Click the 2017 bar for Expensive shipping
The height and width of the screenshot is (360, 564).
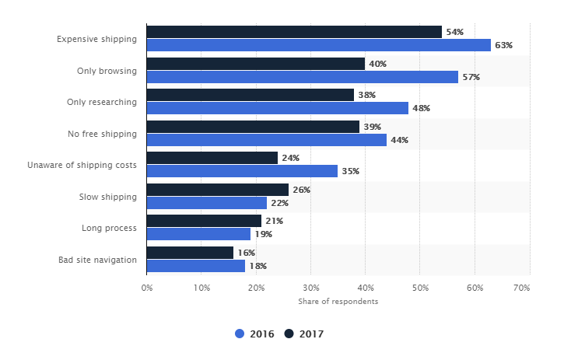(294, 32)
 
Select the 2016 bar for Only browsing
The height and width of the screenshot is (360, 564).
(303, 77)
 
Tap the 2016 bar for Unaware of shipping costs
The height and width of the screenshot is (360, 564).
(242, 171)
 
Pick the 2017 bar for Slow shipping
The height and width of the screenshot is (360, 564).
(218, 190)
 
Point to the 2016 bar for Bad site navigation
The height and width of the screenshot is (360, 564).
(196, 266)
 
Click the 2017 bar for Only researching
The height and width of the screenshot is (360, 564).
(250, 95)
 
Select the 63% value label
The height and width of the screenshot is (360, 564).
(503, 45)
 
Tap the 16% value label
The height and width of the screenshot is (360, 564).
(247, 253)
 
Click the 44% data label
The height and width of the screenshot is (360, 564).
(399, 140)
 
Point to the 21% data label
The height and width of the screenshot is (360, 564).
(274, 221)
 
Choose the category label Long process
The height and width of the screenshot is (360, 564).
(109, 228)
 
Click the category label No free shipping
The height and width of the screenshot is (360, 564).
(102, 134)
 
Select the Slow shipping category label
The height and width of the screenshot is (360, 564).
(107, 197)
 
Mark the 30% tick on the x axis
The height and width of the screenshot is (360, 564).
(310, 288)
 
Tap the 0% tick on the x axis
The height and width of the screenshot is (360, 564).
(147, 288)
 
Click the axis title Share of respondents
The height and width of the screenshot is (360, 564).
(338, 302)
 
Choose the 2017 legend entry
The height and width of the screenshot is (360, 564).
(304, 334)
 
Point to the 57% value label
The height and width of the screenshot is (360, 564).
(471, 77)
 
